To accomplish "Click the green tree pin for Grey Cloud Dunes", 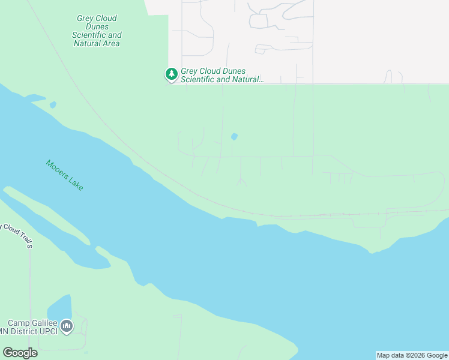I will (x=172, y=74).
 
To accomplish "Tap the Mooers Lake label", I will (x=65, y=175).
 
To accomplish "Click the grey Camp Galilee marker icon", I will (x=67, y=326).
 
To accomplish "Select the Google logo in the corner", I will (x=20, y=353).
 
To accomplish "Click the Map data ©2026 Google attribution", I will (x=412, y=355).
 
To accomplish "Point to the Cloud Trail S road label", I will (x=17, y=235).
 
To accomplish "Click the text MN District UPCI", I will (x=29, y=332).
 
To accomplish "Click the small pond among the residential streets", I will (x=234, y=137).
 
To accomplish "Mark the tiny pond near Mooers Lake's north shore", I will (x=53, y=105).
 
